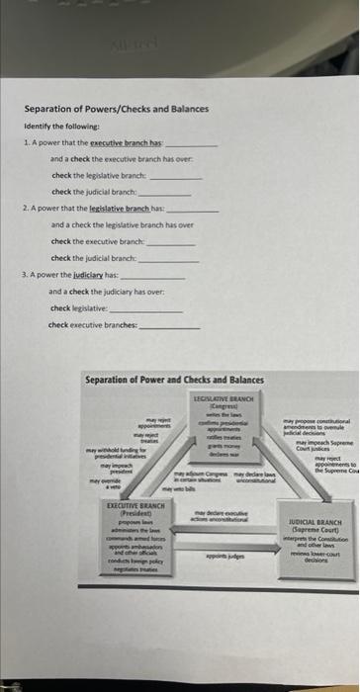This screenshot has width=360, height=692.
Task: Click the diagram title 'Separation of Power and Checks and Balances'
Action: (x=174, y=380)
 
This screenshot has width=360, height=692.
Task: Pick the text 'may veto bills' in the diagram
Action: (x=184, y=490)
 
